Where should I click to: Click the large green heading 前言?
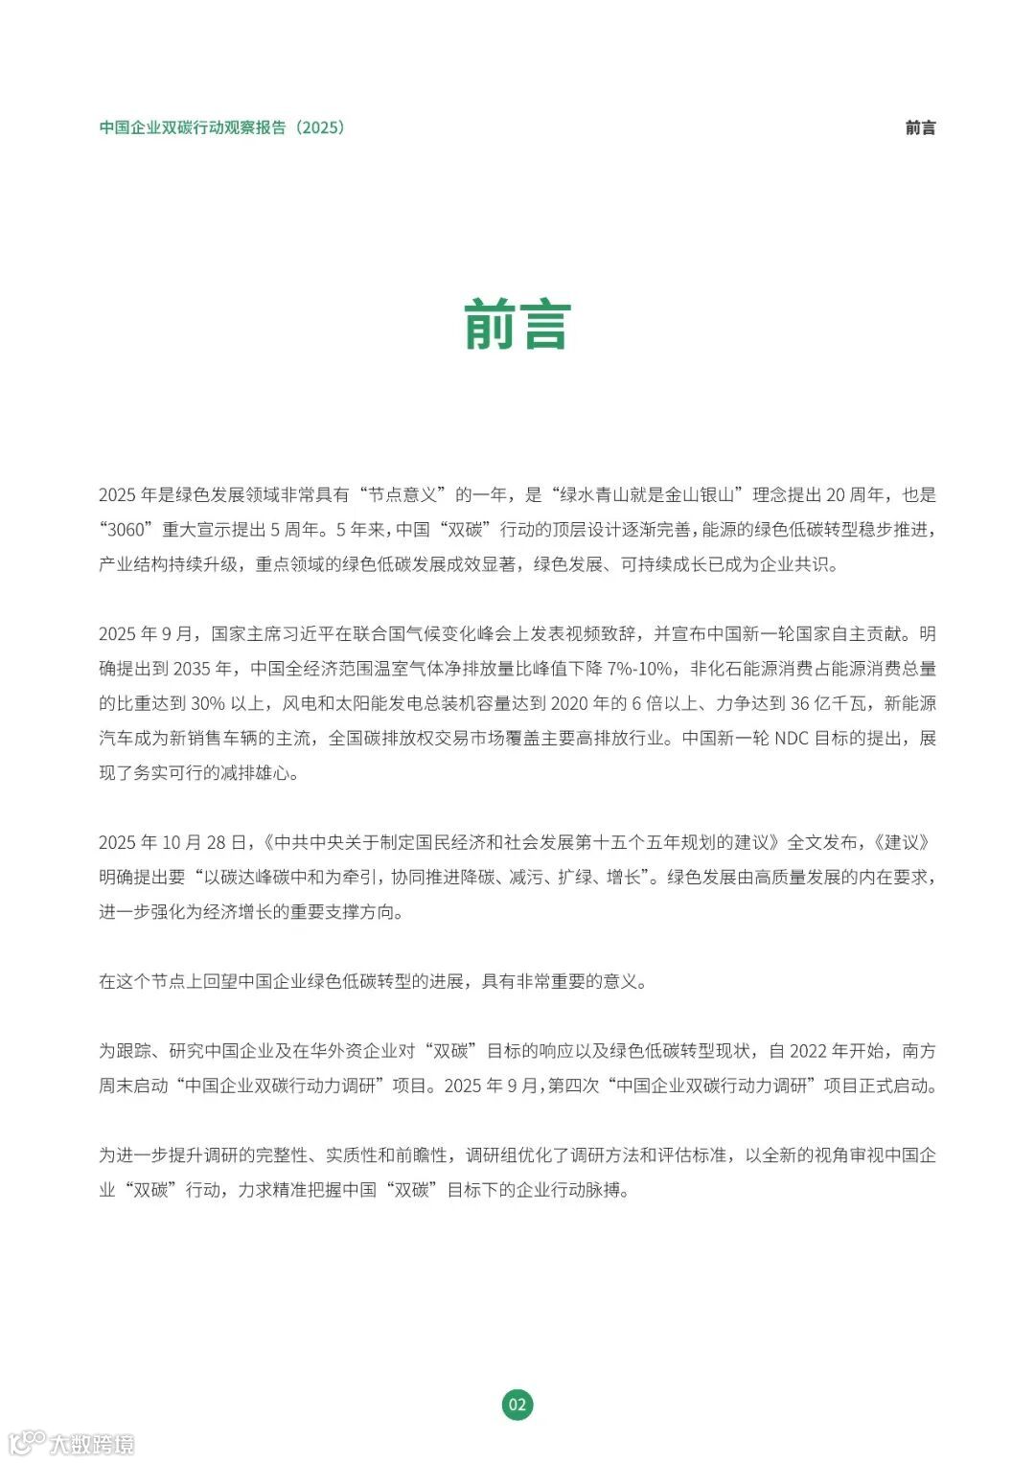pos(517,326)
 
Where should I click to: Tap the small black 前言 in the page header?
pos(920,127)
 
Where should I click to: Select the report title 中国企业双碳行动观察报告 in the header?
pos(193,127)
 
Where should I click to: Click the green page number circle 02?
pos(517,1405)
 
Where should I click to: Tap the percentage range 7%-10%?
pos(639,669)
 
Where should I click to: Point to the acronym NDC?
pos(791,738)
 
